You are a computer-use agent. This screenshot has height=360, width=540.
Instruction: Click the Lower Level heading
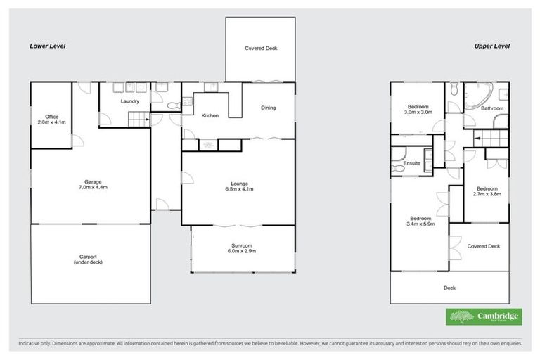coord(47,46)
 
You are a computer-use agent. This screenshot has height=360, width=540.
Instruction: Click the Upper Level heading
coord(492,46)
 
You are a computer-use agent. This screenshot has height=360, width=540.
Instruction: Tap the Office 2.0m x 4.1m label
coord(51,119)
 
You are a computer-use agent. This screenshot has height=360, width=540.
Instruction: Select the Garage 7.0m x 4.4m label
coord(89,186)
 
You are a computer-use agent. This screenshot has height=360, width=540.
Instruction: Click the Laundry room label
coord(129,101)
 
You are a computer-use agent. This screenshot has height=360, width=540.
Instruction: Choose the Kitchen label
coord(210,115)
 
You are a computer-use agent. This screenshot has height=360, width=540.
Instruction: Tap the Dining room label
coord(268,108)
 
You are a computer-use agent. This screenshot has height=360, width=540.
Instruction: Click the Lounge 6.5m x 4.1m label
coord(240,186)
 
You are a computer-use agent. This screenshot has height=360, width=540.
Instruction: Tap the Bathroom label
coord(491,108)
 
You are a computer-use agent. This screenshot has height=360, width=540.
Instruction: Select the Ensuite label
coord(411,163)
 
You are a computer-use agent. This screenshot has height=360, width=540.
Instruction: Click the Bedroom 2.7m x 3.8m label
coord(487,191)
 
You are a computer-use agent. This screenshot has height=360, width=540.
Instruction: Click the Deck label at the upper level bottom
coord(449,288)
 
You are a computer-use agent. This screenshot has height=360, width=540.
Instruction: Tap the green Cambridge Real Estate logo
coord(484,316)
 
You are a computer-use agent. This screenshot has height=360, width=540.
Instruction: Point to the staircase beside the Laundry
coord(139,120)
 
